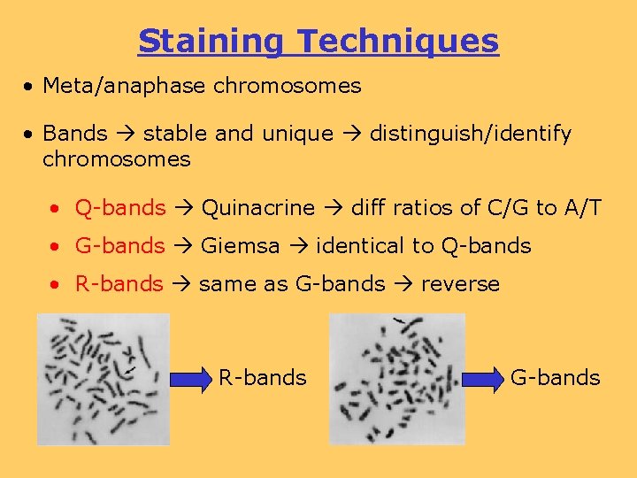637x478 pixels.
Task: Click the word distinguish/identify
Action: (x=470, y=134)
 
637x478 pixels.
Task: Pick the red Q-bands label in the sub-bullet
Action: (x=120, y=208)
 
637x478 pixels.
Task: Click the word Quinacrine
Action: (x=258, y=208)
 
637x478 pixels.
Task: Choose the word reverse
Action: (x=460, y=284)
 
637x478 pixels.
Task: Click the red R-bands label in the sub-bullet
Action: (x=119, y=284)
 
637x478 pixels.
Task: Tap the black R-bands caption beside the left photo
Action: (x=263, y=378)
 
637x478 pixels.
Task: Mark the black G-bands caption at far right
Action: (x=556, y=378)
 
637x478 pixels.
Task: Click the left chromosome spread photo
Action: (x=103, y=378)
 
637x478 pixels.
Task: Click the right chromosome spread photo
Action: (x=396, y=378)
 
